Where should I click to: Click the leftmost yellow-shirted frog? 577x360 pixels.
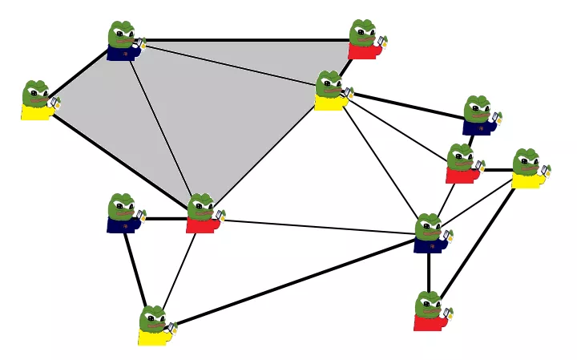(x=37, y=100)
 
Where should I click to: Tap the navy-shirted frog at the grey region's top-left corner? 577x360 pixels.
(x=123, y=42)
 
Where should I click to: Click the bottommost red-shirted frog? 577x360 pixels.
(x=430, y=312)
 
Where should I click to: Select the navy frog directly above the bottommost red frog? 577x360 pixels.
(x=431, y=233)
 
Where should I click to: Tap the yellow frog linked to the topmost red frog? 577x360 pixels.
(x=330, y=91)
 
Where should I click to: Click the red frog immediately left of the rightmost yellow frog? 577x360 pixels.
(x=462, y=164)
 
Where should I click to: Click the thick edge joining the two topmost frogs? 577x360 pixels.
(x=244, y=39)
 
